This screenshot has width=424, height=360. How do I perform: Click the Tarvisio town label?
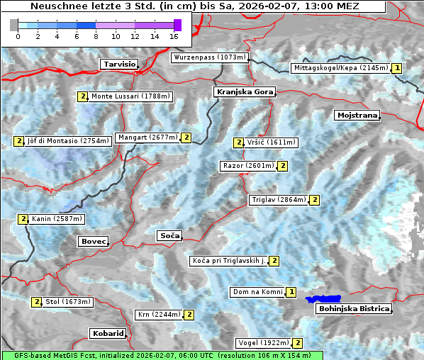tap(118, 64)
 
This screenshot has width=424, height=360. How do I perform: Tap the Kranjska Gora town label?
tap(243, 92)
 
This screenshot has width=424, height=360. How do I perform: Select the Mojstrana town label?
tap(357, 115)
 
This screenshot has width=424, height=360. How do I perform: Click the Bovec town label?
tap(93, 241)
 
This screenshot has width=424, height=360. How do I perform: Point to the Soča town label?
tap(169, 235)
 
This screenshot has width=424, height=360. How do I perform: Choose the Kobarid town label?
tap(108, 333)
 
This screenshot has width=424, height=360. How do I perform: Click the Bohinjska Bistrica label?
tap(354, 308)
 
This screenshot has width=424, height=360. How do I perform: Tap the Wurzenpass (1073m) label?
tap(210, 57)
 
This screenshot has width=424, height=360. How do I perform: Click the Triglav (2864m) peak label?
tap(279, 200)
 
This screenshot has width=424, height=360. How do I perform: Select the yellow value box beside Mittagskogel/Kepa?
tap(397, 68)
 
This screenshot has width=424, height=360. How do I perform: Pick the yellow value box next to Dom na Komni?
tap(291, 292)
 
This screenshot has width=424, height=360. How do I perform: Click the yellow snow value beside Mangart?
tap(186, 137)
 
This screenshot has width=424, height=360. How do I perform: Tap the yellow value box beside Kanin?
tap(23, 219)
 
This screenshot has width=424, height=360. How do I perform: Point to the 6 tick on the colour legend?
tap(77, 35)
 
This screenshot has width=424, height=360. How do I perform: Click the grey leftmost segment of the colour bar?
tap(14, 25)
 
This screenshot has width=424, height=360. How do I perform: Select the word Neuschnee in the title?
tap(57, 6)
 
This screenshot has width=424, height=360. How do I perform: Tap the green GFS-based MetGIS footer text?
tap(162, 355)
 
